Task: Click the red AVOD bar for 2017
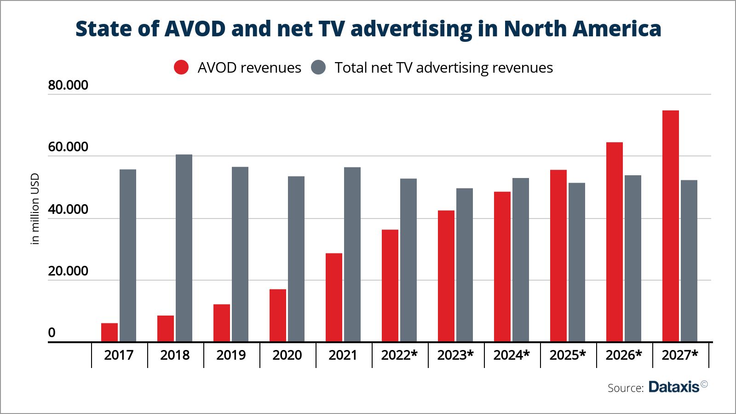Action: point(109,332)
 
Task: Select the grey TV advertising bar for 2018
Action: point(184,248)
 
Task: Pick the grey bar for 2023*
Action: point(465,265)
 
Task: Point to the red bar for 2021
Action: point(334,298)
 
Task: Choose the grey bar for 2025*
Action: point(577,262)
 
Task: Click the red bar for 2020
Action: point(278,316)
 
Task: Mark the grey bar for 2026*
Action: point(633,259)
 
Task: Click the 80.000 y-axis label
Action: point(68,86)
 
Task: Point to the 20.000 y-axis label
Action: point(68,271)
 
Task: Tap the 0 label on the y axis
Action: point(52,333)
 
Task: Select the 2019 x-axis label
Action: point(231,355)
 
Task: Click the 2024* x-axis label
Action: point(512,355)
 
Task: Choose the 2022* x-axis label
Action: point(399,355)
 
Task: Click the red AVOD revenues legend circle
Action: point(181,68)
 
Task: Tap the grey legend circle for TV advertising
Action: point(318,68)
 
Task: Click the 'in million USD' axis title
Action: point(35,209)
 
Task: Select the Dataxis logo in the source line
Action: point(674,387)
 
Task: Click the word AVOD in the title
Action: point(195,29)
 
